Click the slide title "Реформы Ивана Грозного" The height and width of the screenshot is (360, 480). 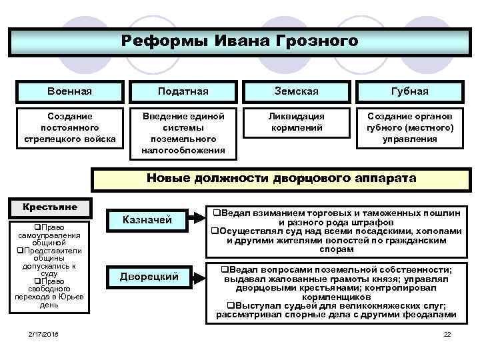click(x=240, y=41)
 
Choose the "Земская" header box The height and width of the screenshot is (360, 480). click(x=296, y=91)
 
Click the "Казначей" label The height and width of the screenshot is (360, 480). click(x=149, y=219)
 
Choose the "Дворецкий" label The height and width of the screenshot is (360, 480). click(x=149, y=277)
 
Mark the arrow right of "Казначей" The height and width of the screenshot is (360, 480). click(x=197, y=217)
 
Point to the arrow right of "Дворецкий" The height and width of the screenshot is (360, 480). click(x=198, y=274)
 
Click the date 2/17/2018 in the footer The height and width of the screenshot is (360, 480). click(x=43, y=333)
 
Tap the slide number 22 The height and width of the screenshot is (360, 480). click(x=447, y=333)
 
